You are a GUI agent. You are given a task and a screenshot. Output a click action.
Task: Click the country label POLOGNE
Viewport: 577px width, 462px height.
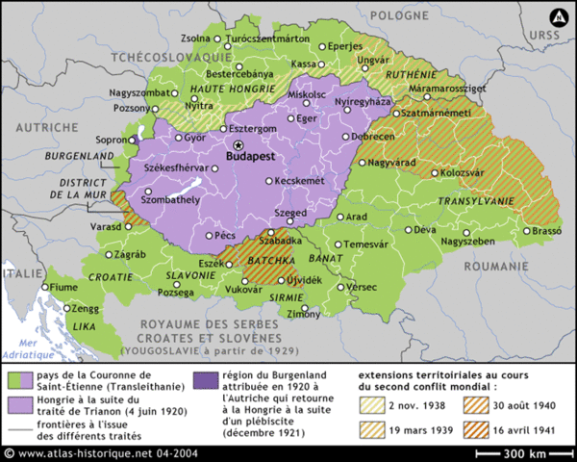coord(415,16)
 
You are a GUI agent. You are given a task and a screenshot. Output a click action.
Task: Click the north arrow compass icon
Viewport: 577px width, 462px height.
coord(556,16)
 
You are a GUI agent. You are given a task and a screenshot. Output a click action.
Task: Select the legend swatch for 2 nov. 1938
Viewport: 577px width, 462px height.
coord(371,404)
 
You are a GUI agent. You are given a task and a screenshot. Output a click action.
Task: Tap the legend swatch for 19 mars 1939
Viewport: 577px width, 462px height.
coord(371,425)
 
